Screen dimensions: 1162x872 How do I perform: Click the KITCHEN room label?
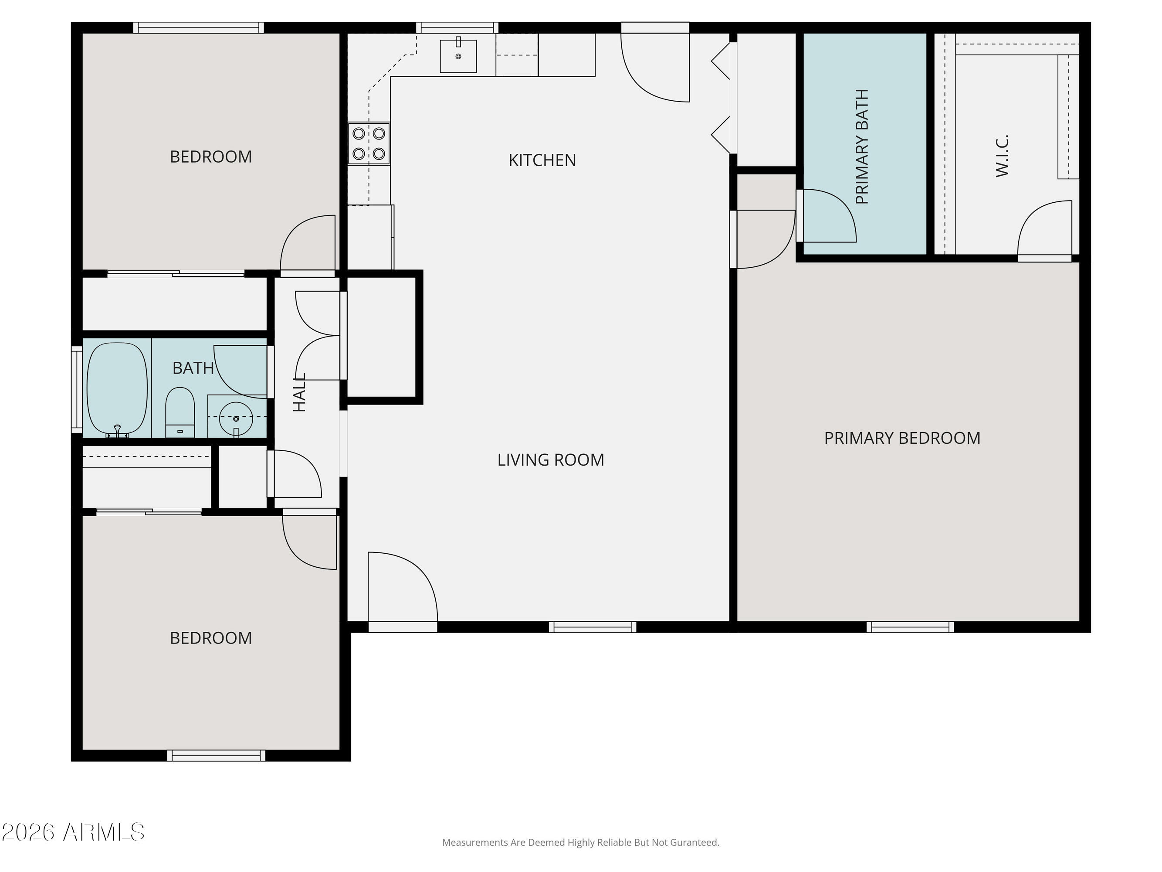coord(542,160)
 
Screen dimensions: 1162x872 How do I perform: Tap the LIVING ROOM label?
coord(551,460)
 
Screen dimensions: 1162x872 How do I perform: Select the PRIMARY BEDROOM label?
coord(902,438)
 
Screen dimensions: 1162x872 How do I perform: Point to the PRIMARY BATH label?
coord(862,146)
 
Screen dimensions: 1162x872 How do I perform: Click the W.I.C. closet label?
coord(1002,156)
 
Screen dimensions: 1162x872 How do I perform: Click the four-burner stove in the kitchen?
coord(369,143)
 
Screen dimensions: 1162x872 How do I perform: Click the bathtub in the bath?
coord(117,389)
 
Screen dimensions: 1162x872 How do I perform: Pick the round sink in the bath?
coord(236,419)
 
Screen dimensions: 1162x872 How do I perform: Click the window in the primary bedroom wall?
coord(910,627)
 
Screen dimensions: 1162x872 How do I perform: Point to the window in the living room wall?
coord(593,627)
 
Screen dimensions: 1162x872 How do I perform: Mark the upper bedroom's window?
coord(198,27)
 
